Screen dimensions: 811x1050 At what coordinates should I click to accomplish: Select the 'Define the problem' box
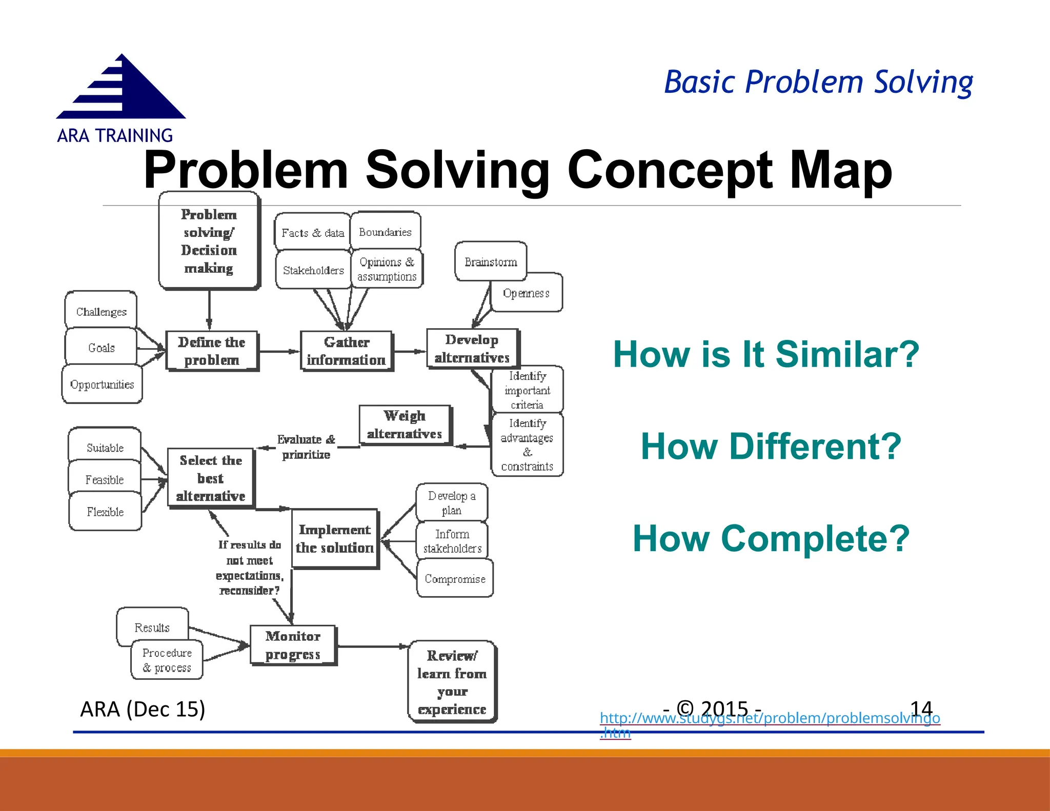click(212, 351)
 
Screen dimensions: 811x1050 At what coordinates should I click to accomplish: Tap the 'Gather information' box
click(347, 351)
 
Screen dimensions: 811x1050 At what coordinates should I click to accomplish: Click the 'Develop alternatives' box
click(472, 349)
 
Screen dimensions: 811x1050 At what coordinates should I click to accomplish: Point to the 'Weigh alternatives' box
click(405, 424)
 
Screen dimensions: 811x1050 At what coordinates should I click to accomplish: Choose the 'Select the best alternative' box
click(211, 478)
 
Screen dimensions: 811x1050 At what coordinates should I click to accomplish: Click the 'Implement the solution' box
click(335, 538)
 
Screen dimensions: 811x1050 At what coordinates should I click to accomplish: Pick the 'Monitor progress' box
click(293, 645)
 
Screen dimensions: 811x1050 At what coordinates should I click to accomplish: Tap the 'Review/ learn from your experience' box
click(452, 682)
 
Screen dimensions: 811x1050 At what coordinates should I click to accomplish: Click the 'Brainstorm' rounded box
click(491, 262)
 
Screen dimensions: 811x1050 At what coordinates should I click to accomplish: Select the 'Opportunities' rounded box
click(102, 384)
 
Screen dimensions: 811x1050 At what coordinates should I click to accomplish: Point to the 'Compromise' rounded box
click(455, 579)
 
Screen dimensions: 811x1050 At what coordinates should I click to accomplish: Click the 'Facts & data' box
click(312, 233)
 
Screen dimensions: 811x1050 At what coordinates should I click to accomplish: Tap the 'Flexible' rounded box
click(105, 512)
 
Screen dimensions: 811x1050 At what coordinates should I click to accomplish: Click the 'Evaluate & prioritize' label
click(306, 447)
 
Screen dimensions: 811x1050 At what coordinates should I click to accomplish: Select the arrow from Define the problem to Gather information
click(279, 352)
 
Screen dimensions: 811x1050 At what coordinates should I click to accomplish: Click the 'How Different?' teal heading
click(771, 446)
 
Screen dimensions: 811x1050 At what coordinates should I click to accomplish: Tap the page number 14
click(921, 709)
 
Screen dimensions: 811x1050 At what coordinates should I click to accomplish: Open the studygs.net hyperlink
click(769, 718)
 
